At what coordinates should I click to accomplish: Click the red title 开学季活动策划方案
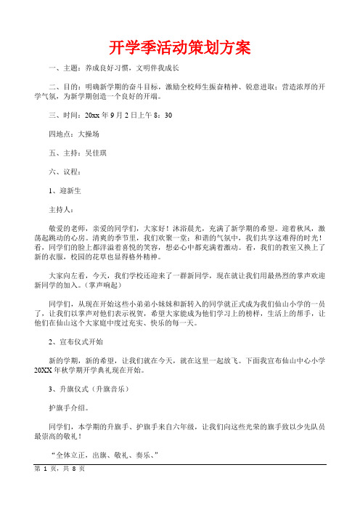coord(179,48)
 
